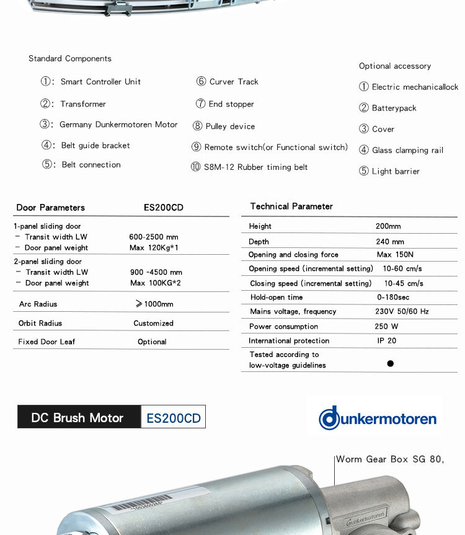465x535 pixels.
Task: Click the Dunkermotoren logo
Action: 378,418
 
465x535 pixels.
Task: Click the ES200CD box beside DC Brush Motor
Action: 174,418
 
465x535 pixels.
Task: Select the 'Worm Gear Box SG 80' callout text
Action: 390,459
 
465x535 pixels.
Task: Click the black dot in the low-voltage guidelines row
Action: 390,364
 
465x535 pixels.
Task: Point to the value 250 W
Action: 386,326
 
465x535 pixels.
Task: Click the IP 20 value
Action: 387,340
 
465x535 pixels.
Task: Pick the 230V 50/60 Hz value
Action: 402,311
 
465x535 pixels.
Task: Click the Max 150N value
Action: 395,254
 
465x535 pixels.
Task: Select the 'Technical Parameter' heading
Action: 291,206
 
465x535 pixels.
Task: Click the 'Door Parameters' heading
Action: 50,208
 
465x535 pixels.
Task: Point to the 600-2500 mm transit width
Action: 154,237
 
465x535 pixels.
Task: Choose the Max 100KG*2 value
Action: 154,283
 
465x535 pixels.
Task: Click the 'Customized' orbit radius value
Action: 153,323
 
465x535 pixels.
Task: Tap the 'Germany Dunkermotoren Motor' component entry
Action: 118,125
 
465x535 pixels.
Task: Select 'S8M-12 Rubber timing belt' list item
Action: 255,167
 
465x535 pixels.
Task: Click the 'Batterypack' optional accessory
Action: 394,108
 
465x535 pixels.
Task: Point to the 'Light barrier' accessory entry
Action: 396,171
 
